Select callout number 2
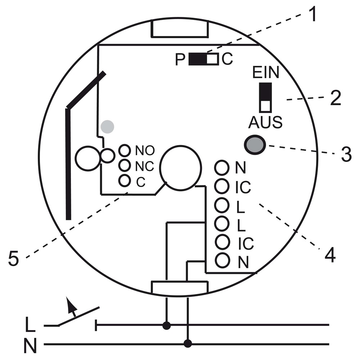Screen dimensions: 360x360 coord(336,98)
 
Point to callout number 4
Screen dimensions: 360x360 coord(330,255)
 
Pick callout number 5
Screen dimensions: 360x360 coord(14,258)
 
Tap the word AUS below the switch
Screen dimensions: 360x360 coord(265,122)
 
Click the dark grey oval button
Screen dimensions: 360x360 coord(255,145)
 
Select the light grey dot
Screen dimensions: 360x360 coord(107,126)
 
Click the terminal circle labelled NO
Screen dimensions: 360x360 coord(125,150)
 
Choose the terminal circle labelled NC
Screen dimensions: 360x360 coord(125,165)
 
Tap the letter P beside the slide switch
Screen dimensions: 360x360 coord(180,59)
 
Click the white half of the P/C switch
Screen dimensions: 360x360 coord(212,59)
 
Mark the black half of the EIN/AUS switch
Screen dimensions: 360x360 coord(265,91)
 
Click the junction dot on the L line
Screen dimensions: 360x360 coord(166,325)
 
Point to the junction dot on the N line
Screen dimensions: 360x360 coord(188,344)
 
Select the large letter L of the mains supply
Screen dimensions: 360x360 coord(30,324)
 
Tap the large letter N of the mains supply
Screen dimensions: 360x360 coord(30,345)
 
